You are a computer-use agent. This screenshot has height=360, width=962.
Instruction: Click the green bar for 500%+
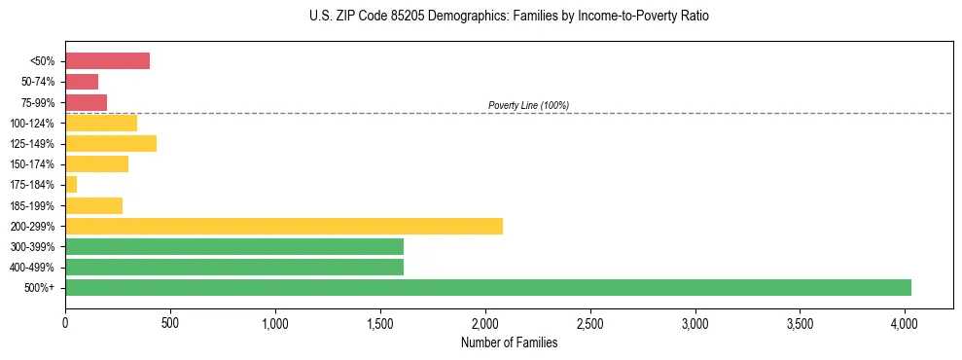pyautogui.click(x=487, y=287)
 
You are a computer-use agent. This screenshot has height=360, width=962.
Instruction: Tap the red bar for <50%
pyautogui.click(x=107, y=61)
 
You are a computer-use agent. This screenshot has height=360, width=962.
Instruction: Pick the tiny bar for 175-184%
pyautogui.click(x=71, y=185)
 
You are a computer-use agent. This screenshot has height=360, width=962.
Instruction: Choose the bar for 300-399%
pyautogui.click(x=233, y=246)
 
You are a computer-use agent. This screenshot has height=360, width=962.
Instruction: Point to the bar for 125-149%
pyautogui.click(x=111, y=144)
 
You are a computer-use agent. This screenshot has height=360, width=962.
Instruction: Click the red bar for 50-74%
pyautogui.click(x=82, y=82)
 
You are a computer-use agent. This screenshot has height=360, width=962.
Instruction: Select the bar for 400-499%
pyautogui.click(x=233, y=267)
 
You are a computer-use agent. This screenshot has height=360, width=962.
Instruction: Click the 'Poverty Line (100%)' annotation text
pyautogui.click(x=528, y=105)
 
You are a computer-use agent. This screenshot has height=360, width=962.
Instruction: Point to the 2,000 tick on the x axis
pyautogui.click(x=485, y=321)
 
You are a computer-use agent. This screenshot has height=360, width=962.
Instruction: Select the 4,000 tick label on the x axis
pyautogui.click(x=905, y=321)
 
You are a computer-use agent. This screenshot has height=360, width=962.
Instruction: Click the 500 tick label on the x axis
pyautogui.click(x=170, y=321)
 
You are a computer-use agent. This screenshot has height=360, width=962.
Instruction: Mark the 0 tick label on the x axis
pyautogui.click(x=65, y=321)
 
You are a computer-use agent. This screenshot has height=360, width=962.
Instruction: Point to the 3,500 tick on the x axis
pyautogui.click(x=800, y=321)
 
